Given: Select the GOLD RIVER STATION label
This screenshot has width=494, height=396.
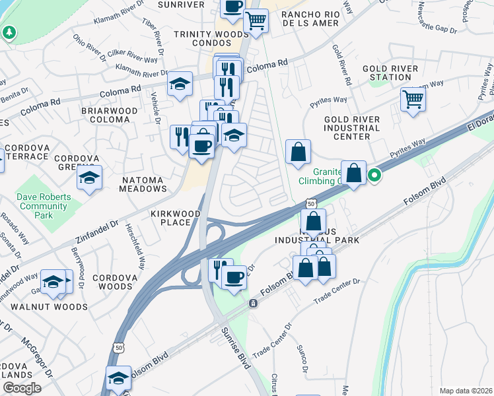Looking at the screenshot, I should coord(390,73).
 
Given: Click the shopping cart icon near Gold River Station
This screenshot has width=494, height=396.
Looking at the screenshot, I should coord(413,100).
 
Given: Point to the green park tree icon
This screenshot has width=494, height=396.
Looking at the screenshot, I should coord(9,32).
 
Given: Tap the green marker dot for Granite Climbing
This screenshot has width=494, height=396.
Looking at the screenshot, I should coord(374,176).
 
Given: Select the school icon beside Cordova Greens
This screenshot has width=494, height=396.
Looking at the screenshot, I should coord(89,177).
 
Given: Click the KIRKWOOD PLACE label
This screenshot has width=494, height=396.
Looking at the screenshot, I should coord(171,218).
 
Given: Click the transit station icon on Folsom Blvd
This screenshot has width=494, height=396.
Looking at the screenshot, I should coord(252,303).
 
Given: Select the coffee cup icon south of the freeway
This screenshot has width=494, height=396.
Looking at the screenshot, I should coord(234,277).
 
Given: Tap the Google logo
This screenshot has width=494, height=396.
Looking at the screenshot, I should coord(22,388).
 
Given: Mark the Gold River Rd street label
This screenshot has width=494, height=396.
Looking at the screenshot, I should coord(341,65).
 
